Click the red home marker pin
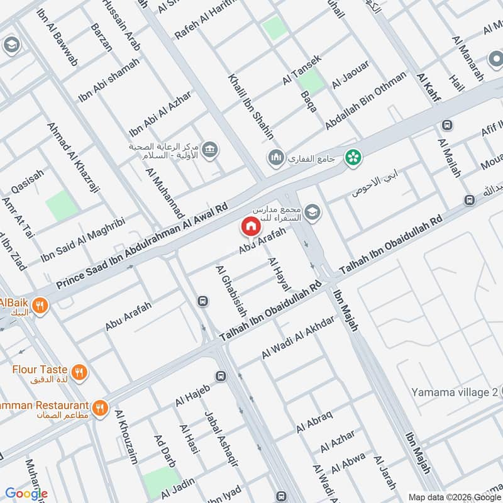tap(250, 226)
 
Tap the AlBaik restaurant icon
tap(40, 306)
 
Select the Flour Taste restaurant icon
tap(79, 372)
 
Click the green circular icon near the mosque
tap(353, 157)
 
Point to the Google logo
tap(26, 494)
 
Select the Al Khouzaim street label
tap(126, 438)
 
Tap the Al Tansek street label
tap(302, 70)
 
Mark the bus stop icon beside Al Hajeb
tap(221, 376)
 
